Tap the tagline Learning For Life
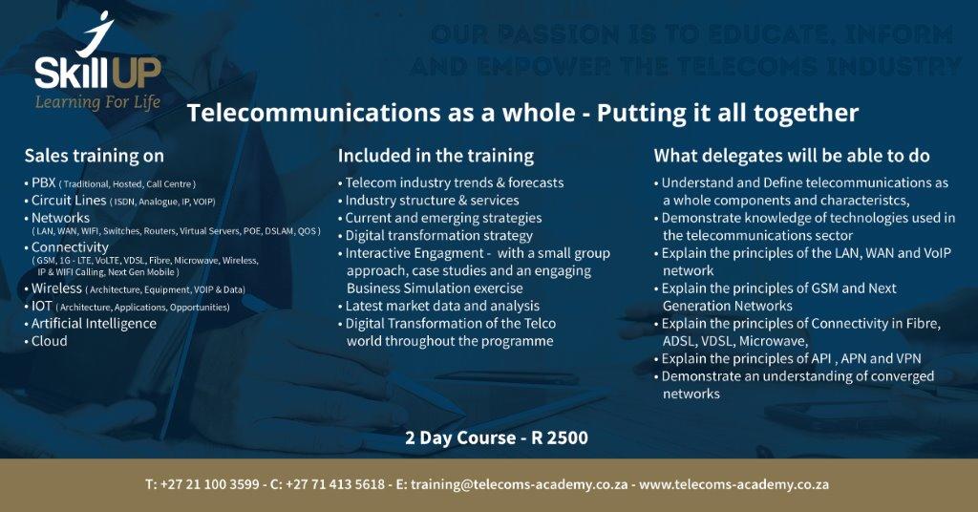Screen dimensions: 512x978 click(x=97, y=102)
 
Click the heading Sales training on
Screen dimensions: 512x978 click(x=94, y=155)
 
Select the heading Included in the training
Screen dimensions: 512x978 click(x=436, y=155)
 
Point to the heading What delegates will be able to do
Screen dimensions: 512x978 click(x=791, y=155)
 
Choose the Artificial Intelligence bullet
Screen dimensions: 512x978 click(x=94, y=323)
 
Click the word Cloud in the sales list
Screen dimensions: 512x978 click(x=50, y=341)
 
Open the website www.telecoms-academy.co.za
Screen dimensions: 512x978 click(x=733, y=484)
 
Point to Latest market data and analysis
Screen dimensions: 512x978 click(x=442, y=306)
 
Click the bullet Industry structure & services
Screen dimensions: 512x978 click(x=432, y=201)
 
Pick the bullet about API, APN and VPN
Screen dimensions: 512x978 click(x=791, y=358)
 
